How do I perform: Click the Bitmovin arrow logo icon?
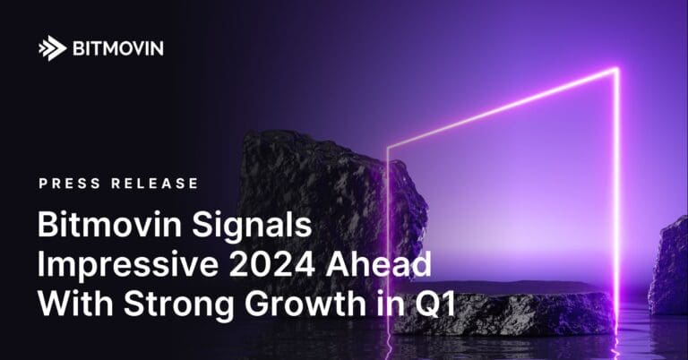[x=52, y=48]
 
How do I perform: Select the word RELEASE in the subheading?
[x=152, y=184]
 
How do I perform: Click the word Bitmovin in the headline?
[x=96, y=225]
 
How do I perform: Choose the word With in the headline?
[x=69, y=305]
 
